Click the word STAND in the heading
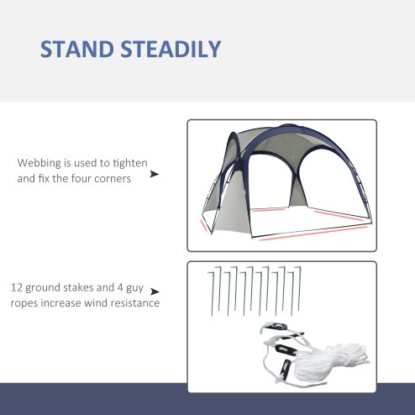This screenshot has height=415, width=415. [77, 49]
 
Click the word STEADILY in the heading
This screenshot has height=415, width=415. [171, 49]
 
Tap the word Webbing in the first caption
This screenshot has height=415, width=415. [39, 163]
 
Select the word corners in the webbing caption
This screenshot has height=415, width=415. [113, 179]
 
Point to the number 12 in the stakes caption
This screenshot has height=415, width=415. [16, 286]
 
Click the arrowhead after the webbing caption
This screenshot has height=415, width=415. [154, 175]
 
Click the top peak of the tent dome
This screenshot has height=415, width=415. [281, 131]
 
